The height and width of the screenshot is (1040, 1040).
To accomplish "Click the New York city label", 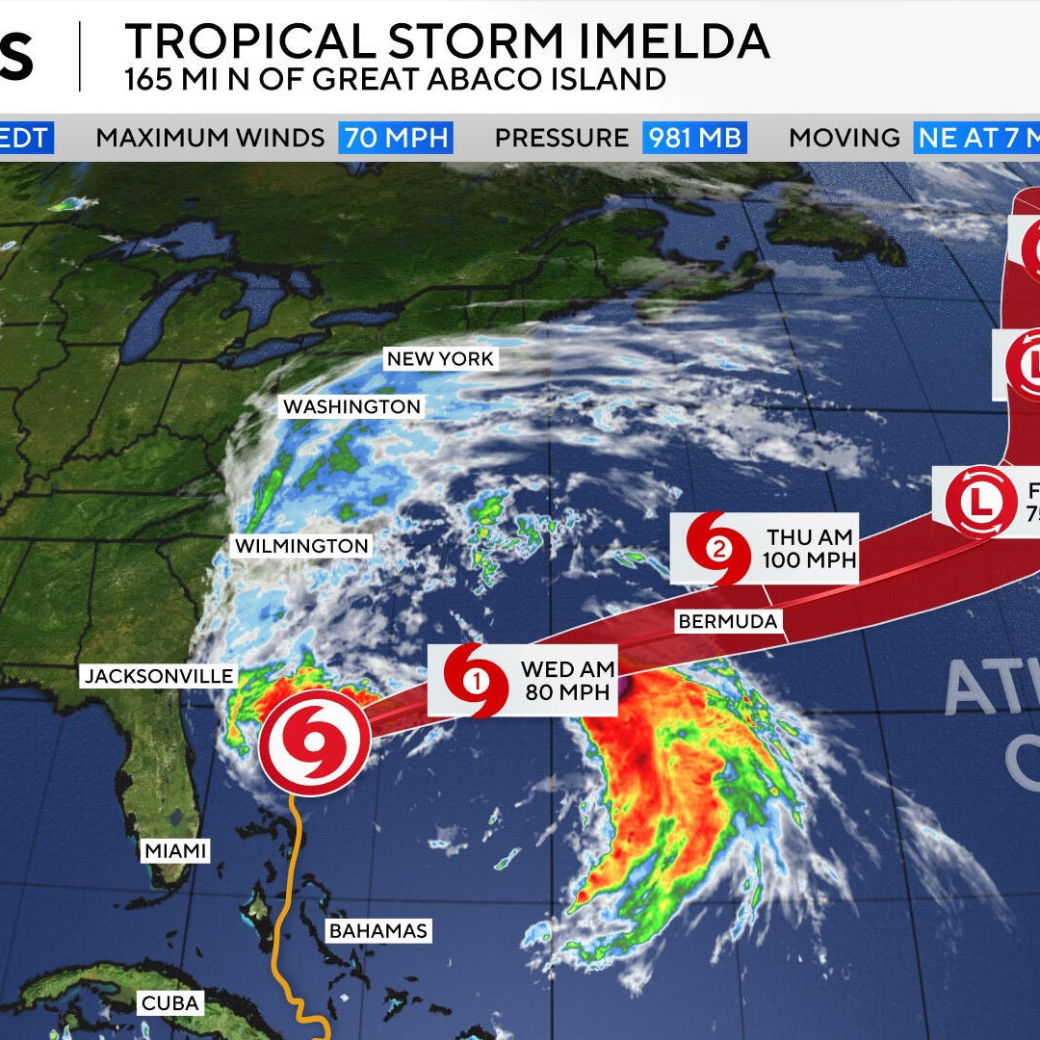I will pos(440,359).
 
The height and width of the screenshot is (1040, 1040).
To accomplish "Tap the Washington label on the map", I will pos(351,407).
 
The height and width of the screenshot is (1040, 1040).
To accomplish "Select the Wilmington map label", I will pos(301,546).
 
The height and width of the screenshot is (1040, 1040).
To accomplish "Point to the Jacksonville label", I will pos(159,676).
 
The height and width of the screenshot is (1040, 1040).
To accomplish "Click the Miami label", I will pos(176,851).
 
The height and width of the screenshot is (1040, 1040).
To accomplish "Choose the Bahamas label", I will pos(377,931).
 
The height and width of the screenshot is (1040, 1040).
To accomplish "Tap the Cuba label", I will pos(169,1003).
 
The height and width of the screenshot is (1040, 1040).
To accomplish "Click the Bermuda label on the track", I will pos(727,621).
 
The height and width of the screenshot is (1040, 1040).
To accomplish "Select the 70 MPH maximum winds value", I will pos(396,138).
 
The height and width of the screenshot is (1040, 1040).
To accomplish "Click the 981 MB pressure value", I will pos(694,138).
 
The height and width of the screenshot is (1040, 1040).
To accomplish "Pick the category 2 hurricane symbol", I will pos(718,550).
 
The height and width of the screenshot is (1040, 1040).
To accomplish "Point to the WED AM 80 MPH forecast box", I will pos(567,680).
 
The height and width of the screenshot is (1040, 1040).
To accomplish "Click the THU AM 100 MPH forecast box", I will pos(810,548).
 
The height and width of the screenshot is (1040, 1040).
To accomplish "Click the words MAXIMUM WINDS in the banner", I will pos(210,138).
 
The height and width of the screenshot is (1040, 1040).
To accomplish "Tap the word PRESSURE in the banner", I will pos(561,138).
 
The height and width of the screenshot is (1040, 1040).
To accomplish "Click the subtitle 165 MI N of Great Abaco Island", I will pos(395,79).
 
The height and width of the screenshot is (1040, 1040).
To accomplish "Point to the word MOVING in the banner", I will pos(844,138).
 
